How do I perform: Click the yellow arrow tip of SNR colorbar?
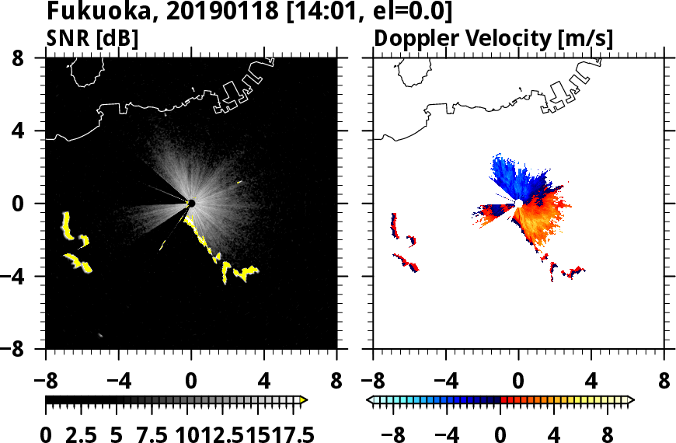(x=304, y=400)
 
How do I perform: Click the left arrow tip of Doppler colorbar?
(x=370, y=400)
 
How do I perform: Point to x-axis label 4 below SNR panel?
(x=264, y=383)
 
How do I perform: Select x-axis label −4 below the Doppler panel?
(x=444, y=383)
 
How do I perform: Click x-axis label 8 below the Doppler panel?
(x=664, y=383)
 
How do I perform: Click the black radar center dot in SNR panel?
(x=191, y=204)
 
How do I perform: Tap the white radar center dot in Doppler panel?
(x=518, y=204)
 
